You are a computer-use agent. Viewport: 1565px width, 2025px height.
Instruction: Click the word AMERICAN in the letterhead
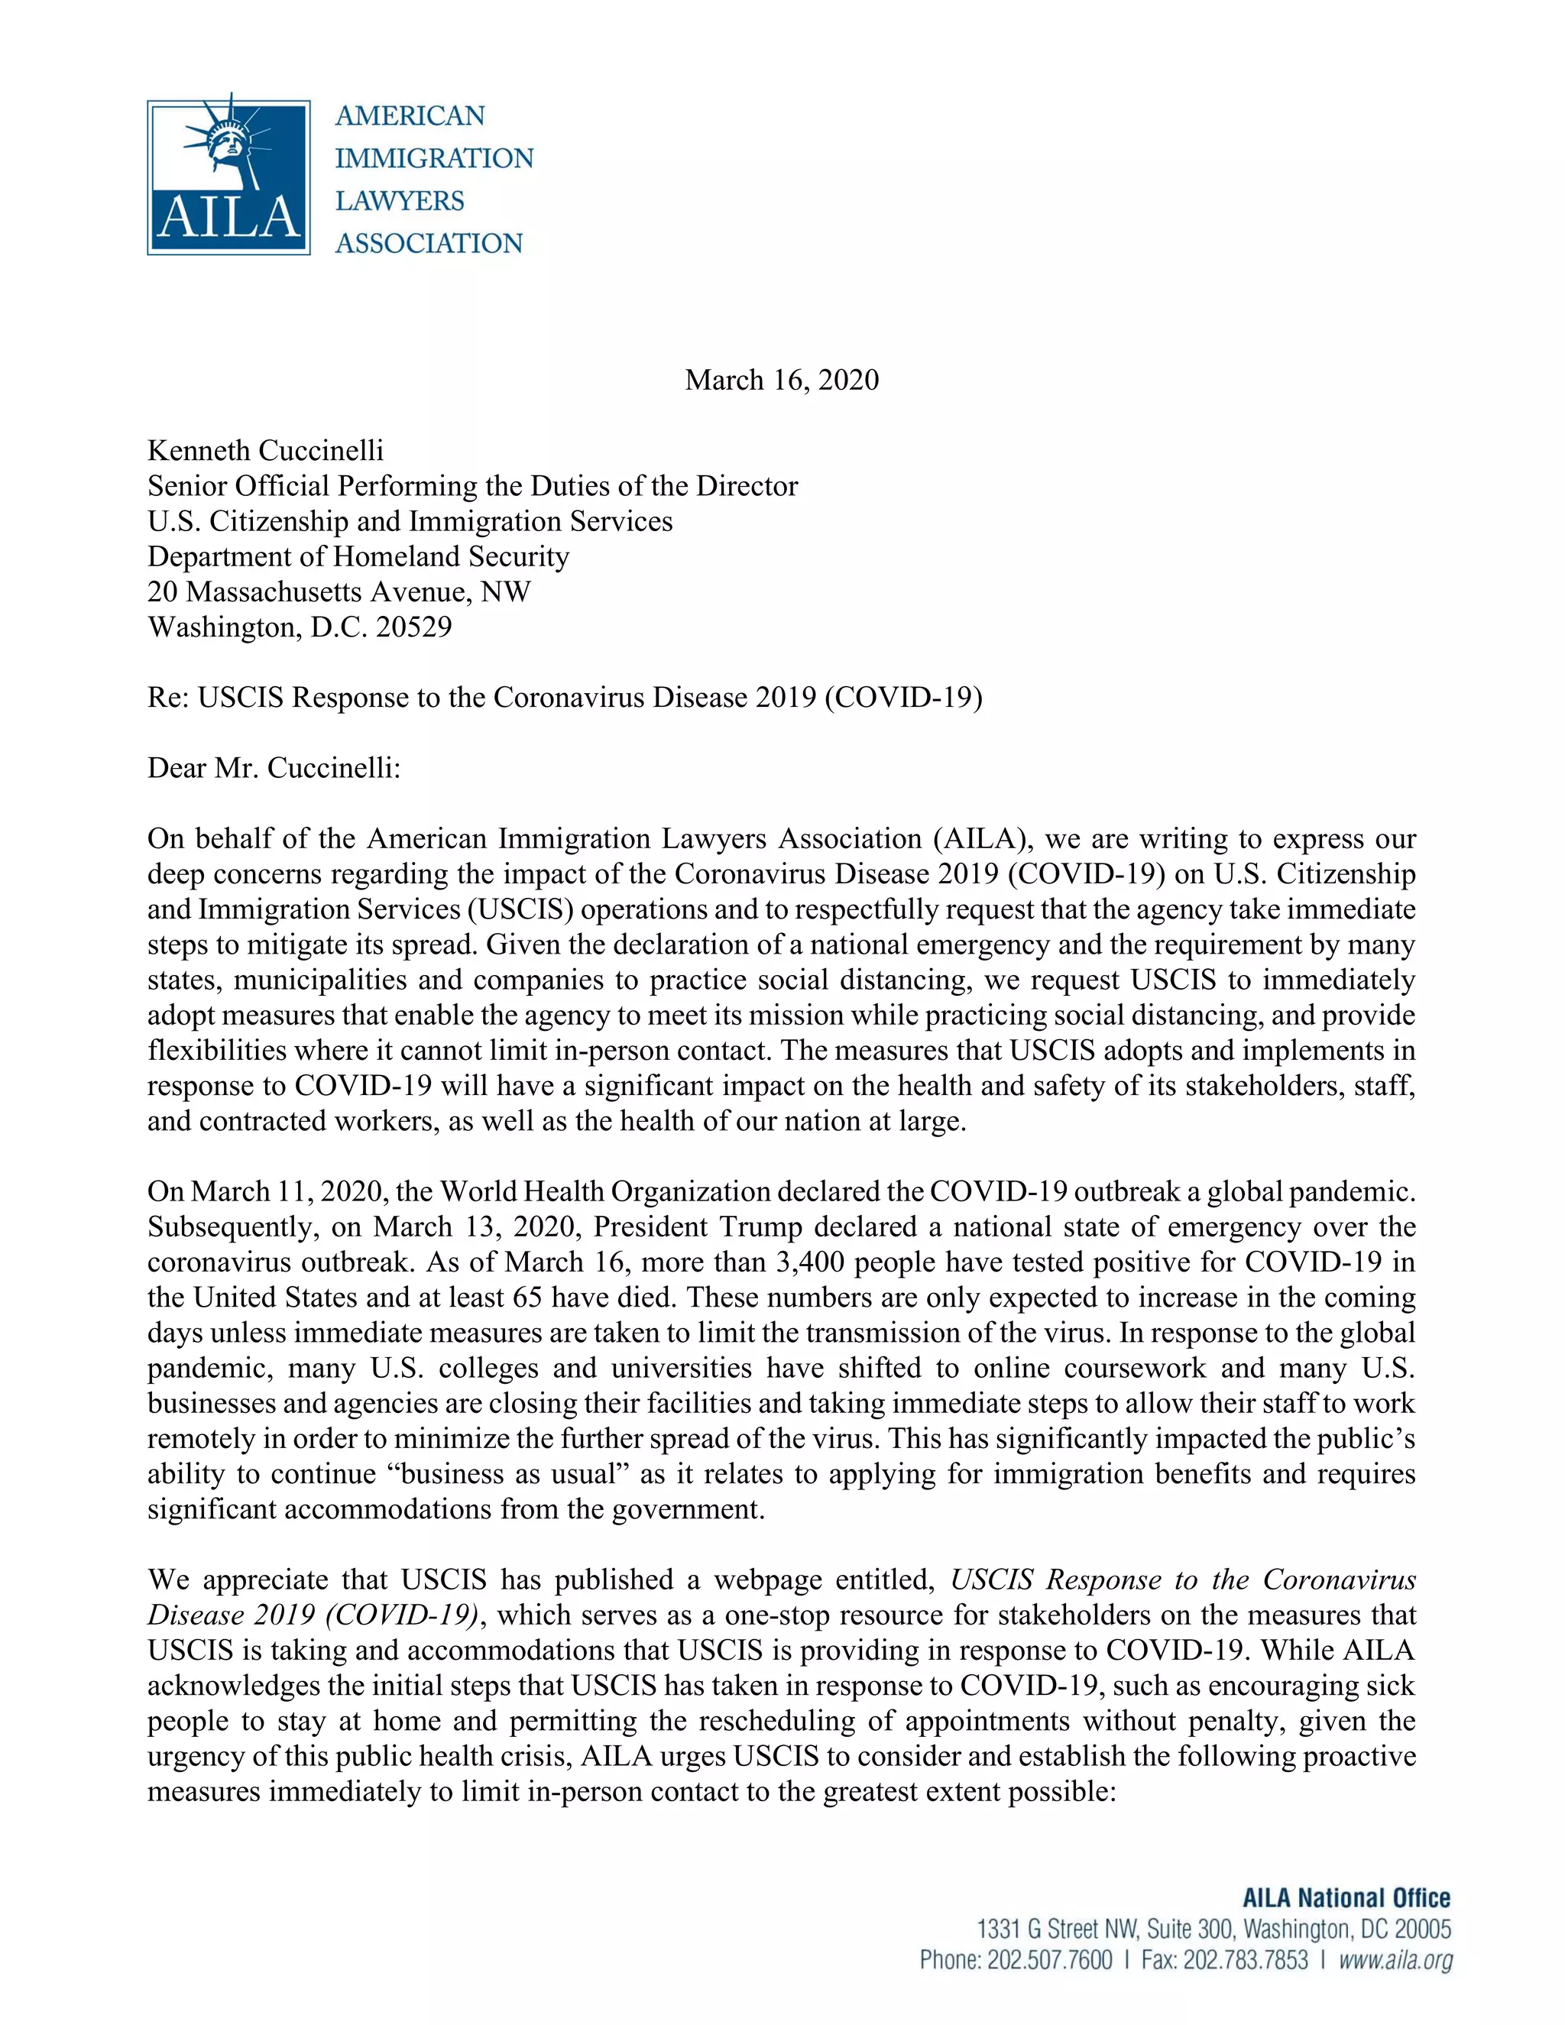point(410,116)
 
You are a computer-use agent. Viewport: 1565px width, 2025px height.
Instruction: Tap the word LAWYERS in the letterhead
point(400,201)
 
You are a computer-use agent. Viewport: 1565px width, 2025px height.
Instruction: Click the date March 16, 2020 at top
point(782,380)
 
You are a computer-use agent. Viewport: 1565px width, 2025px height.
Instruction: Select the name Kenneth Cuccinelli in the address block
point(265,451)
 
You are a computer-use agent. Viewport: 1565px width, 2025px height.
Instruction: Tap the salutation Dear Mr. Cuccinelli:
point(274,769)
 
